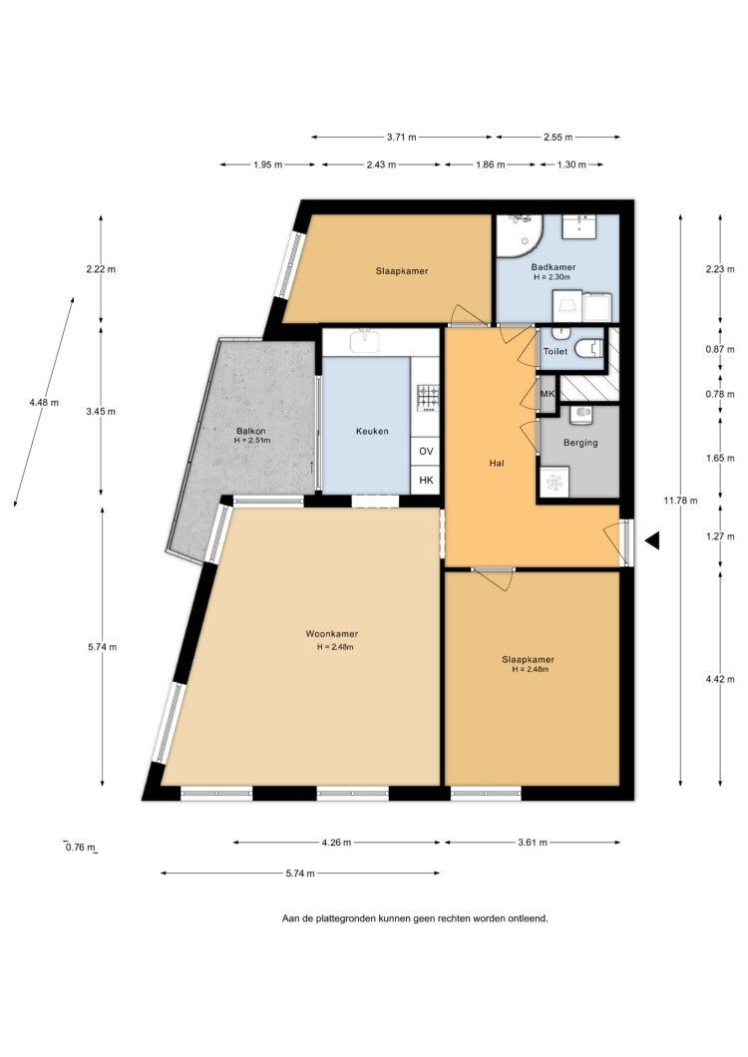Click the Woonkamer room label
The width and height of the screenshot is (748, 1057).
tap(332, 633)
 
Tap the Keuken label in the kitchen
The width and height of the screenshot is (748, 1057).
tap(372, 431)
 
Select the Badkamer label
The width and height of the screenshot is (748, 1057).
tap(554, 267)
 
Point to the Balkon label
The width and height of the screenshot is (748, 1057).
tap(251, 431)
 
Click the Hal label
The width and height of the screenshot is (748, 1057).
tap(497, 463)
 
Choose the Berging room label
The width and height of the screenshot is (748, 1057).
tap(580, 443)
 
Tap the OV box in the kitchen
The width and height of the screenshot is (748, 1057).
tap(426, 451)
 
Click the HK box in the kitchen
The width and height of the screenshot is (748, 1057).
tap(426, 480)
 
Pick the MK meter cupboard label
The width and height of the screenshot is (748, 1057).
tap(547, 394)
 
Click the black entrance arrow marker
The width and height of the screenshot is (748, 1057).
tap(651, 539)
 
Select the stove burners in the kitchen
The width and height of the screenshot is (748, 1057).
tap(428, 398)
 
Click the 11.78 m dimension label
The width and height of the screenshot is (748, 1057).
tap(680, 501)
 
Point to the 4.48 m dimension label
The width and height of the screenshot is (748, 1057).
tap(44, 403)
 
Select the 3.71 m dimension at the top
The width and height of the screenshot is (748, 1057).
tap(402, 137)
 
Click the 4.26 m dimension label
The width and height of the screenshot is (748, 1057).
tap(336, 842)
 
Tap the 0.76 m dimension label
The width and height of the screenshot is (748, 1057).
tap(80, 848)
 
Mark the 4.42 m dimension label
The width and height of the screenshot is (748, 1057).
tap(720, 679)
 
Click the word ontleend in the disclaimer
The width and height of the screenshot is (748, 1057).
tap(531, 918)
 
